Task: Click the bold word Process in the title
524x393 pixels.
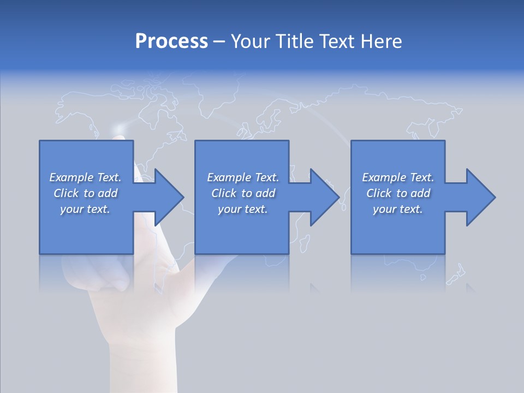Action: [x=171, y=41]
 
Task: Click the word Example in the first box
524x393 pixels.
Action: [x=72, y=177]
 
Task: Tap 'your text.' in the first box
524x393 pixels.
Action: [x=85, y=209]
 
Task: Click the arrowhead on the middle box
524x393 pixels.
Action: [x=324, y=197]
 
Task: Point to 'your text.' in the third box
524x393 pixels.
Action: [x=398, y=209]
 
